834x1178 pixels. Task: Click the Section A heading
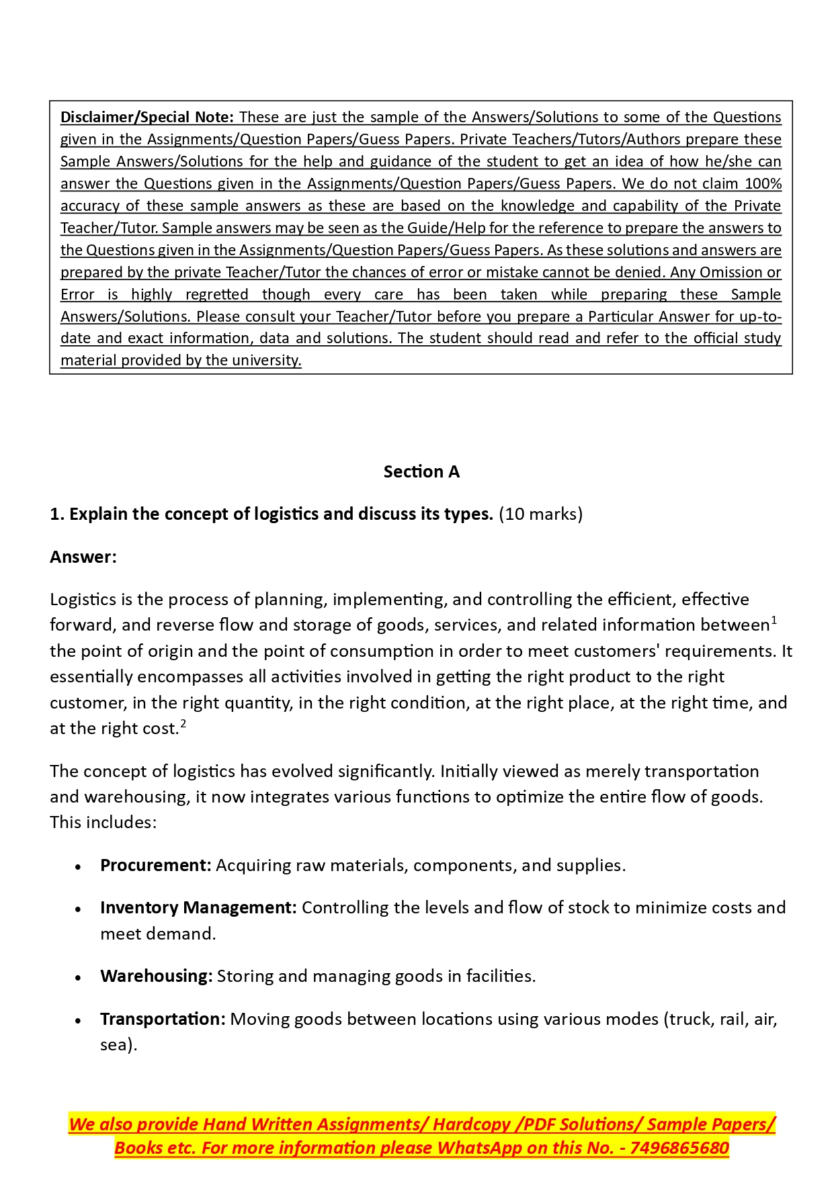(x=421, y=472)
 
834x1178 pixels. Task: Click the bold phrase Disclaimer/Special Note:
(x=147, y=118)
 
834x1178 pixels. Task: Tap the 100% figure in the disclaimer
(x=763, y=184)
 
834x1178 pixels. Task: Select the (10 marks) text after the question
(x=540, y=514)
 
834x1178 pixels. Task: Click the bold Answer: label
(x=83, y=557)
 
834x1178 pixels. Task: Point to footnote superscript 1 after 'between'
(x=774, y=621)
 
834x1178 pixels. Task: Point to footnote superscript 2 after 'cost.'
(x=183, y=724)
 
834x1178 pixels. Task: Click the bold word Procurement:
(x=156, y=866)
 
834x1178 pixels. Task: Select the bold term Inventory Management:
(x=198, y=908)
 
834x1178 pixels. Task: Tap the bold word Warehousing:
(x=157, y=977)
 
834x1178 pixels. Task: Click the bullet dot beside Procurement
(x=79, y=867)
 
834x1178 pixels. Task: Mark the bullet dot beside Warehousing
(x=79, y=978)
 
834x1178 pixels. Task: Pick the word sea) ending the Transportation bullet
(x=118, y=1045)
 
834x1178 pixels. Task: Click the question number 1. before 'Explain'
(x=57, y=514)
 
